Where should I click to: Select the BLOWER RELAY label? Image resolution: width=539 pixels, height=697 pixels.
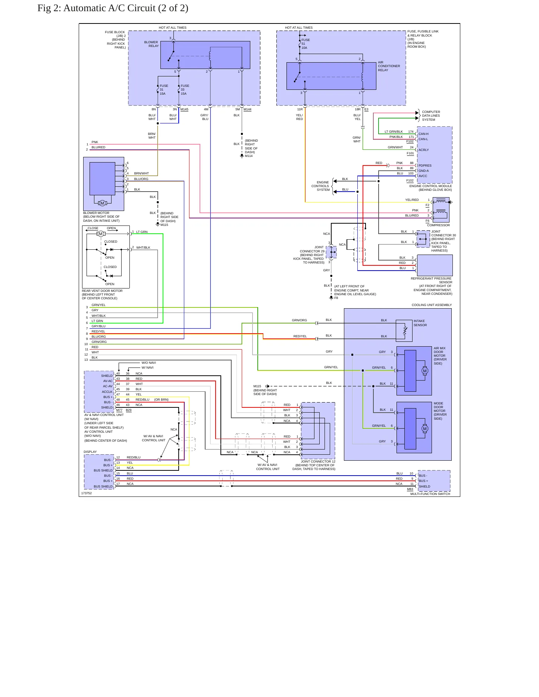[151, 44]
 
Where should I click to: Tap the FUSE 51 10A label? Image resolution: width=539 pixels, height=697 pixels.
[305, 44]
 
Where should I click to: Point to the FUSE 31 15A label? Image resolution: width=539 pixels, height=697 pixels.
[164, 89]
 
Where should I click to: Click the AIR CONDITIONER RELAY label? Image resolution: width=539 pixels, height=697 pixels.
[389, 66]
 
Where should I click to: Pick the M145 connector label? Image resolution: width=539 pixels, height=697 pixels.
[184, 109]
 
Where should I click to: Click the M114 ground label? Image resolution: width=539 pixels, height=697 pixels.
[249, 156]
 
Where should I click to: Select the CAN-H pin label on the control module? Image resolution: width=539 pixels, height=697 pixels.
[423, 134]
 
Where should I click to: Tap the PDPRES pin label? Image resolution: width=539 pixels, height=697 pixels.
[425, 165]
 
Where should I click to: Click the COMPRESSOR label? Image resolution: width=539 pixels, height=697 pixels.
[438, 225]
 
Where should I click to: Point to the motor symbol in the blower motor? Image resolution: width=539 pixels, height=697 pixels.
[102, 203]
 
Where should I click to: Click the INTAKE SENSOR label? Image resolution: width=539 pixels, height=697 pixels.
[420, 323]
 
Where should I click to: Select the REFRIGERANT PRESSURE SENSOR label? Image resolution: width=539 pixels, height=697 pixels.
[431, 280]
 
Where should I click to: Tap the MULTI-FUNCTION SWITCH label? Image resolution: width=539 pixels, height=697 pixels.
[430, 494]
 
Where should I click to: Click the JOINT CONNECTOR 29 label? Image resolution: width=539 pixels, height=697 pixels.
[312, 249]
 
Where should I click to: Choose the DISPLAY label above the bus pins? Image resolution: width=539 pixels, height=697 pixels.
[90, 452]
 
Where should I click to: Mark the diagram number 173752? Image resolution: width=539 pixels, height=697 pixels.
[86, 493]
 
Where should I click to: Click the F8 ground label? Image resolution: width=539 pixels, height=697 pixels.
[336, 298]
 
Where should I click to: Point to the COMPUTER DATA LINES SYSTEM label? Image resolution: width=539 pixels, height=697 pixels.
[431, 116]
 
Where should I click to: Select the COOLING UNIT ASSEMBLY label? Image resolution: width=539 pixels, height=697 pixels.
[432, 305]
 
